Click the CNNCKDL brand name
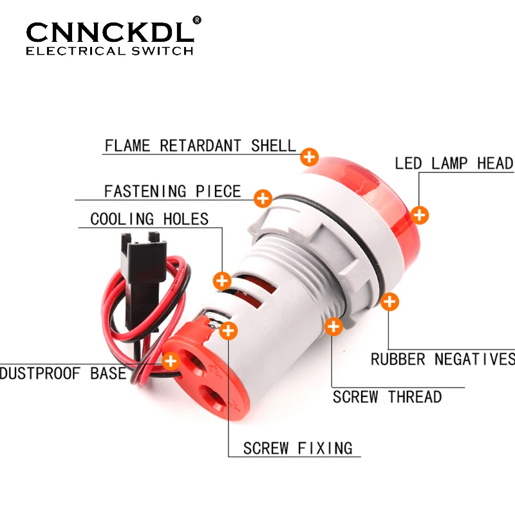109,32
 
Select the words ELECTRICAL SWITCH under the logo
109,51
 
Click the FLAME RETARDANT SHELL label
200,145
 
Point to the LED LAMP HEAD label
454,164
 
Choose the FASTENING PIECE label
173,191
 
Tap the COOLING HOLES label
149,219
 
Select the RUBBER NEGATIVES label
443,359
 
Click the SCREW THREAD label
387,397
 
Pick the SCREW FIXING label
297,448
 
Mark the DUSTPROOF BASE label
63,373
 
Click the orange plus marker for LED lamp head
420,214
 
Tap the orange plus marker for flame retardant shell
310,156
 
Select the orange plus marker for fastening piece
263,198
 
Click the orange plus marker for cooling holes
222,281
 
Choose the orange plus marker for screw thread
333,326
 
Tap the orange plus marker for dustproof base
171,360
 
